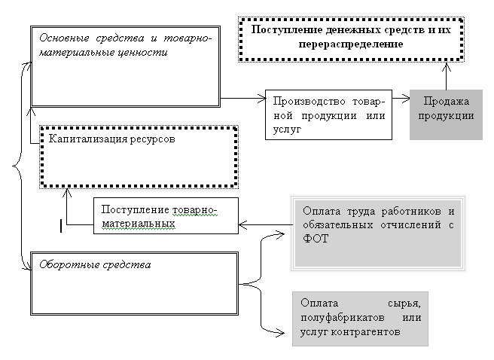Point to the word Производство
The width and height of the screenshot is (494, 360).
pyautogui.click(x=306, y=102)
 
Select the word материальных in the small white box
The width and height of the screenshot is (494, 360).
pyautogui.click(x=139, y=223)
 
